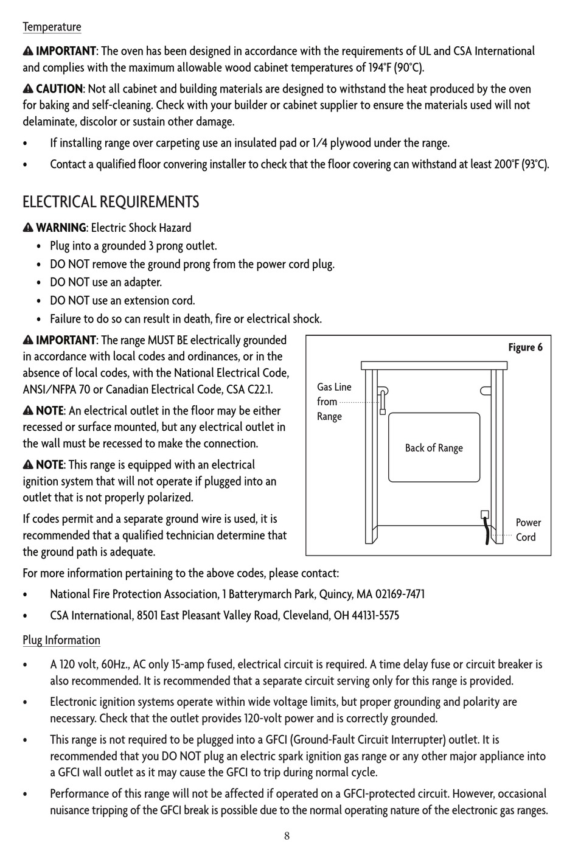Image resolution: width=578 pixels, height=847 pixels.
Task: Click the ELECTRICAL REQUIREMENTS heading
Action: pos(111,202)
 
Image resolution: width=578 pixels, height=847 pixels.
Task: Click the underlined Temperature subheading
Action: pos(52,27)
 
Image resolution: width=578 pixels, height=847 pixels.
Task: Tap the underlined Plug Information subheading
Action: pos(61,640)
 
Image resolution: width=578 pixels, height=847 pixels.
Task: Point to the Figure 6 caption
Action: pos(525,347)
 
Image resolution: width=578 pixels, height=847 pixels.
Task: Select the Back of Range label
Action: pos(434,448)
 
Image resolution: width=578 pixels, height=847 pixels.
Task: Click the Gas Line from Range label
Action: pos(334,402)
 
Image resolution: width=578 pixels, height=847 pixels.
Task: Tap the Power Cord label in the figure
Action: pos(528,529)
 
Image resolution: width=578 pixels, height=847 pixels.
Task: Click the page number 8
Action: pos(287,835)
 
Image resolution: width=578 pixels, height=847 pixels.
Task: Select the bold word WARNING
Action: pos(61,228)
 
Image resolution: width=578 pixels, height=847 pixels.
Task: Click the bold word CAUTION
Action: pos(59,89)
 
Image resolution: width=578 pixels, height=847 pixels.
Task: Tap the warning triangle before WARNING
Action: pos(28,228)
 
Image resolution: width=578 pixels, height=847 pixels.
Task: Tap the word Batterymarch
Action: pos(260,594)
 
